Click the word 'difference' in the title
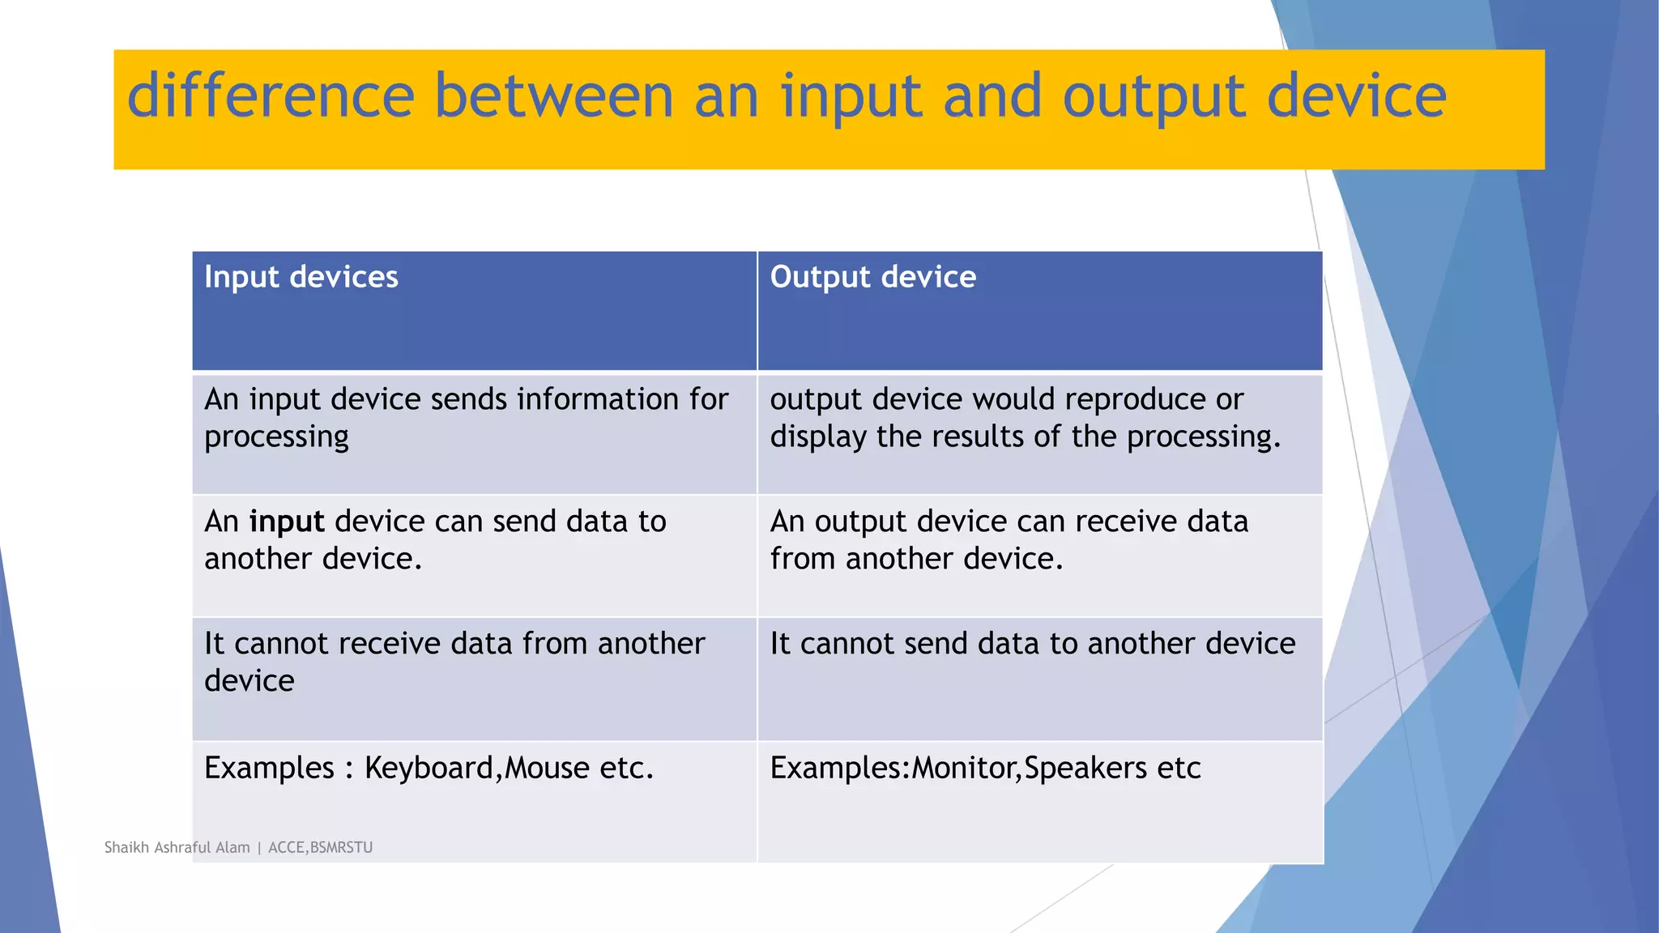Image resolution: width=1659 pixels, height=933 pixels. pos(271,96)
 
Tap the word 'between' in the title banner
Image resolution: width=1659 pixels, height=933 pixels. pos(553,96)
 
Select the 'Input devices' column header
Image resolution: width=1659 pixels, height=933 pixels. pos(301,277)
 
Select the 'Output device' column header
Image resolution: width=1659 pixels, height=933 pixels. pos(872,277)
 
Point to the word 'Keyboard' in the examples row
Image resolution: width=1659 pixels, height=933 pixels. pos(429,768)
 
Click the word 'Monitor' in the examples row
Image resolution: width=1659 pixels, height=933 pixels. pos(963,768)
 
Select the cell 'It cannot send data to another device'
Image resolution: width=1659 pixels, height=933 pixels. pos(1032,644)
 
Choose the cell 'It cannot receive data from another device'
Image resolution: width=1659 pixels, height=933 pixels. pos(454,662)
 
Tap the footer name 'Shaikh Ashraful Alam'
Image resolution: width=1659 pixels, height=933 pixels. pos(177,847)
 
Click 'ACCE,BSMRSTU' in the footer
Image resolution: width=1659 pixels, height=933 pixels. pos(320,847)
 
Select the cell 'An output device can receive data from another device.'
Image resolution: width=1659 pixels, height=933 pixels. pos(1009,540)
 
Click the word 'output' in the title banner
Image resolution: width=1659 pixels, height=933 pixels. pos(1153,96)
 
